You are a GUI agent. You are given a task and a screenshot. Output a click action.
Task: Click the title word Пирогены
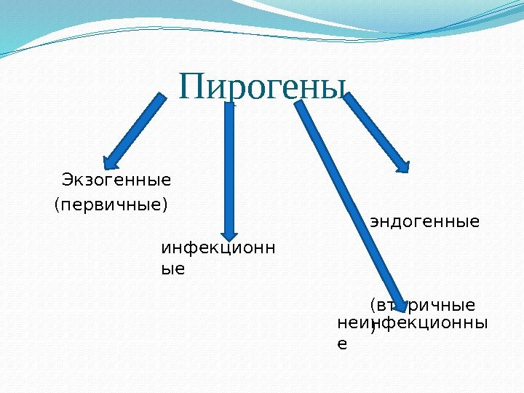click(263, 87)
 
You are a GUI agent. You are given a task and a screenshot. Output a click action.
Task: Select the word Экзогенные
click(116, 179)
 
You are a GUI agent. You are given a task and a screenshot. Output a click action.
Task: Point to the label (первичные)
click(111, 205)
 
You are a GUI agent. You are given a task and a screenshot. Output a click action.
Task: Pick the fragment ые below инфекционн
click(172, 269)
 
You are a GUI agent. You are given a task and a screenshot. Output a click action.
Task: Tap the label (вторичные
click(423, 303)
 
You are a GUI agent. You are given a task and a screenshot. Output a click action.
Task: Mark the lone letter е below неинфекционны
click(342, 343)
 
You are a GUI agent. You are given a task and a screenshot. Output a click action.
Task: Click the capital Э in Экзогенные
click(68, 179)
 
